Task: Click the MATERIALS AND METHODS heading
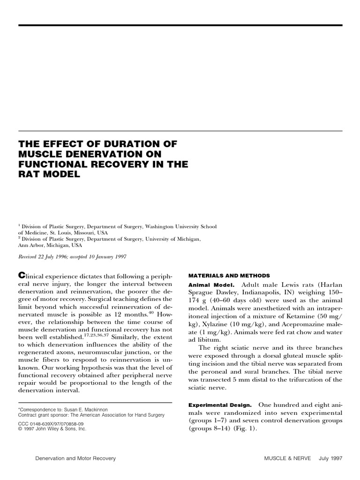click(229, 275)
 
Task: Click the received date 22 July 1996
click(55, 257)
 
